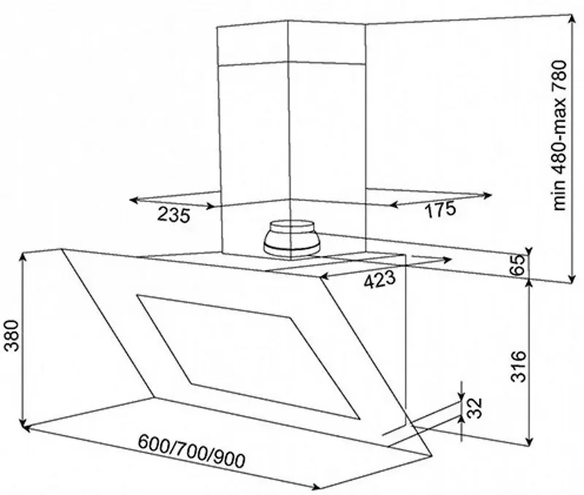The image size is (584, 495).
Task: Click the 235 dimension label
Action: point(174,215)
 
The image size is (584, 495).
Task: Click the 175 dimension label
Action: point(440,210)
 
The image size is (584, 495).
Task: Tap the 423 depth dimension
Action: point(379,280)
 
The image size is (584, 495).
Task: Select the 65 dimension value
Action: point(517,265)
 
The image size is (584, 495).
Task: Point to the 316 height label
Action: point(518,366)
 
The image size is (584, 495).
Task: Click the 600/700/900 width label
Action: point(192,451)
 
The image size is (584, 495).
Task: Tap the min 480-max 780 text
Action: point(560,136)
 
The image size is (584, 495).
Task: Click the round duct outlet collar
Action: point(291,239)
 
